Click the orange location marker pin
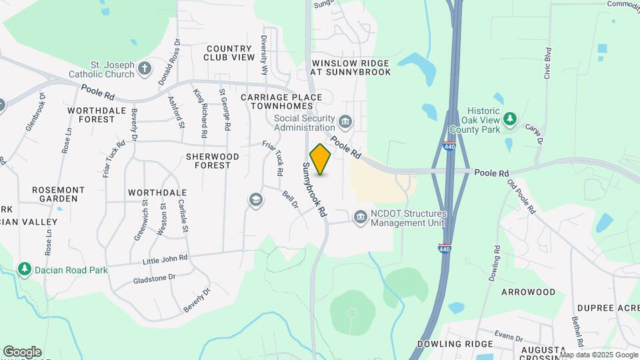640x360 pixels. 321,160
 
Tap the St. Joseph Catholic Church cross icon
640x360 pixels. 144,68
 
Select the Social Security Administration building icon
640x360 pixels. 345,121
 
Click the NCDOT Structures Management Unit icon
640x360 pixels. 360,217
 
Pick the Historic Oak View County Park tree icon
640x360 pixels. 510,118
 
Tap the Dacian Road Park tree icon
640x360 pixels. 25,269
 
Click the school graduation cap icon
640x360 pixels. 255,200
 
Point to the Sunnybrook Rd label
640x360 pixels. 316,189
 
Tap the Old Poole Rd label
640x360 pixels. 521,196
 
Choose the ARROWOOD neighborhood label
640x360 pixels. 528,292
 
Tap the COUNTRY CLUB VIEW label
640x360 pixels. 230,53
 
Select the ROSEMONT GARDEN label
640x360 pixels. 59,194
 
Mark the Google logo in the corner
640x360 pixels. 22,351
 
